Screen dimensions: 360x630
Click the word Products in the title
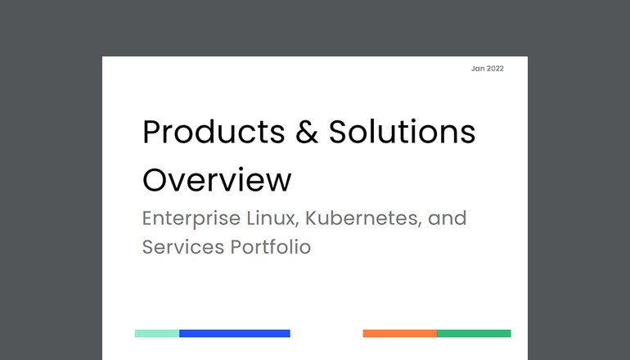(210, 133)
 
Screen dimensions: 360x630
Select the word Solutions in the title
(402, 133)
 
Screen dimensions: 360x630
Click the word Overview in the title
(217, 180)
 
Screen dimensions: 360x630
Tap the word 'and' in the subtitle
(448, 219)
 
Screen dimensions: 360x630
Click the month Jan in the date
(478, 69)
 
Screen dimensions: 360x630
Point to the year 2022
(495, 69)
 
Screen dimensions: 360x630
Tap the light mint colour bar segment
(157, 334)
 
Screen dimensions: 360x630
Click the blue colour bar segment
(235, 334)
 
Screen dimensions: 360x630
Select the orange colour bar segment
(399, 334)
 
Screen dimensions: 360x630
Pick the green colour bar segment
(474, 334)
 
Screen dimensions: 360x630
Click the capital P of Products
(151, 133)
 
